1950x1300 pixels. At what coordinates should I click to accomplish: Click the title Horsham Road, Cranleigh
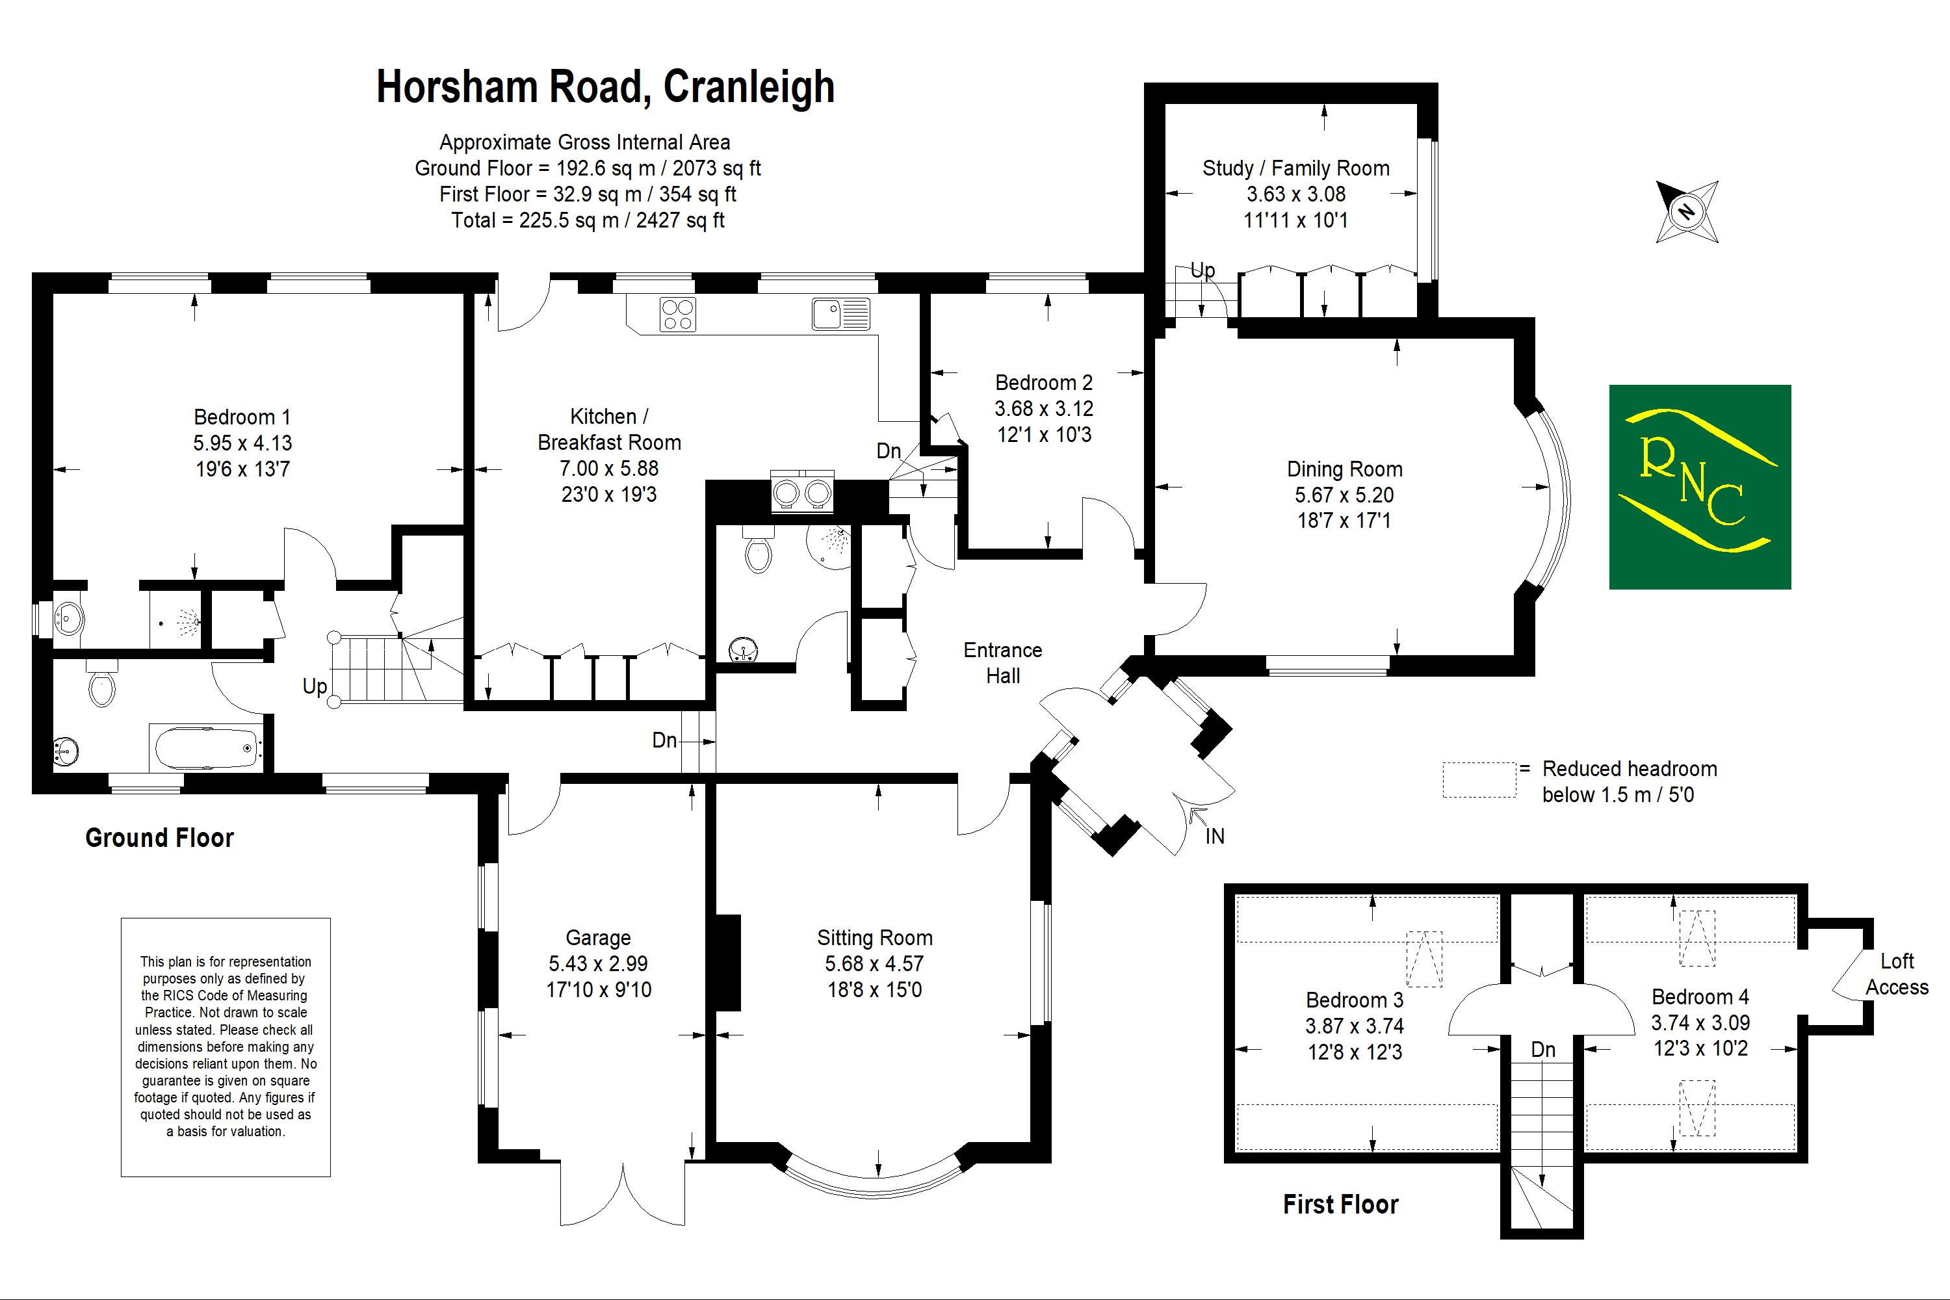(605, 87)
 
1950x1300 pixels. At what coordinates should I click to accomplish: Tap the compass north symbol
(1686, 211)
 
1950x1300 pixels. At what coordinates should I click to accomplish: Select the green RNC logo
(1700, 487)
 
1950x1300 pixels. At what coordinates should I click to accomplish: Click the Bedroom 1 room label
(242, 417)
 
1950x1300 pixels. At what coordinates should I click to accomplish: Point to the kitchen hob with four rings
(677, 314)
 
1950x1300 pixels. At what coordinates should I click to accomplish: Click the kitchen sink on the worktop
(840, 314)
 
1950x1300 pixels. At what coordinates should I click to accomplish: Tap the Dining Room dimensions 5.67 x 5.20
(1344, 495)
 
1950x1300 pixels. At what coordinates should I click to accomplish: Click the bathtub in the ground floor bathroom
(205, 748)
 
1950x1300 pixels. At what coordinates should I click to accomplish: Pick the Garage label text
(598, 938)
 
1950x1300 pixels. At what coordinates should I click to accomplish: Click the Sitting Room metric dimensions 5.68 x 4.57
(874, 963)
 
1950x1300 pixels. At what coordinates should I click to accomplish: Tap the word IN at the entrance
(1215, 837)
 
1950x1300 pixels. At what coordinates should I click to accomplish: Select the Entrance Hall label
(1002, 662)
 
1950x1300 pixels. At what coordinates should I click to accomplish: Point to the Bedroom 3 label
(1354, 1000)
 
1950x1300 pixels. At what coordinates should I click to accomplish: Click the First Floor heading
(1340, 1204)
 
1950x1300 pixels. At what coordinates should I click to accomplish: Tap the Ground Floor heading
(159, 837)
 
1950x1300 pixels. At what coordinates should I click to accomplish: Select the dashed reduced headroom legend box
(1479, 780)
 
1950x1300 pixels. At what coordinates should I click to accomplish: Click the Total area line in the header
(588, 220)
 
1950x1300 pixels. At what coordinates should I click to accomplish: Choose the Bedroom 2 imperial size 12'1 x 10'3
(1044, 434)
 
